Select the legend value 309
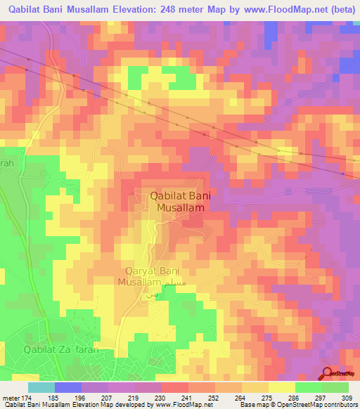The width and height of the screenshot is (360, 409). pyautogui.click(x=347, y=397)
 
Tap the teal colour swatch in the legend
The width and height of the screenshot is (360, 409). pyautogui.click(x=41, y=387)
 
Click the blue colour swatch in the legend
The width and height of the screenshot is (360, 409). pyautogui.click(x=68, y=387)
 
